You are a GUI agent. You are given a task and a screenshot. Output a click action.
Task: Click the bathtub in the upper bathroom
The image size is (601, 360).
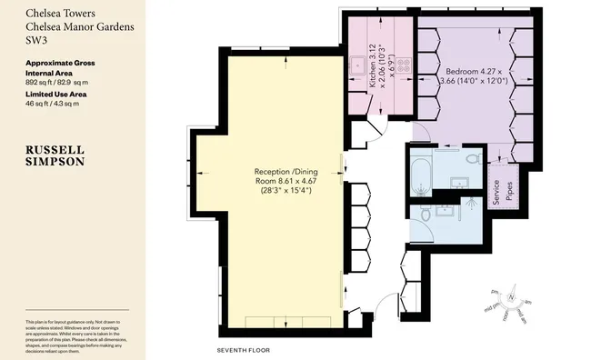click(x=421, y=175)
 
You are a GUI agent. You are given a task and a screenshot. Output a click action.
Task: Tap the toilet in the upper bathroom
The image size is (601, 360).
click(x=471, y=159)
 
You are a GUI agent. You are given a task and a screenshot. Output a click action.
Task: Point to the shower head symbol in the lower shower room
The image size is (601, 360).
click(x=469, y=207)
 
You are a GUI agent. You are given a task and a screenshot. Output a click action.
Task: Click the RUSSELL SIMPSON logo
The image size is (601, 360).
click(x=56, y=154)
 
